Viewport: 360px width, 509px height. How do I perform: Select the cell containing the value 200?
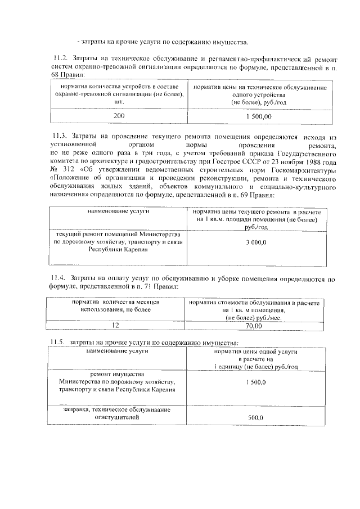(119, 116)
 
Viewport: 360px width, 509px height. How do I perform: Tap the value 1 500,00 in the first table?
(258, 116)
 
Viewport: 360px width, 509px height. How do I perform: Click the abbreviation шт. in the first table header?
(119, 102)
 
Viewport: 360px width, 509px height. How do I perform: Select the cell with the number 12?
(116, 325)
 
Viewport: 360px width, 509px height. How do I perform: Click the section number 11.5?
(58, 343)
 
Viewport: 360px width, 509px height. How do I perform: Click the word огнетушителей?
(117, 418)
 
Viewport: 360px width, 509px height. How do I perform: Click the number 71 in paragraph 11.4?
(143, 287)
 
